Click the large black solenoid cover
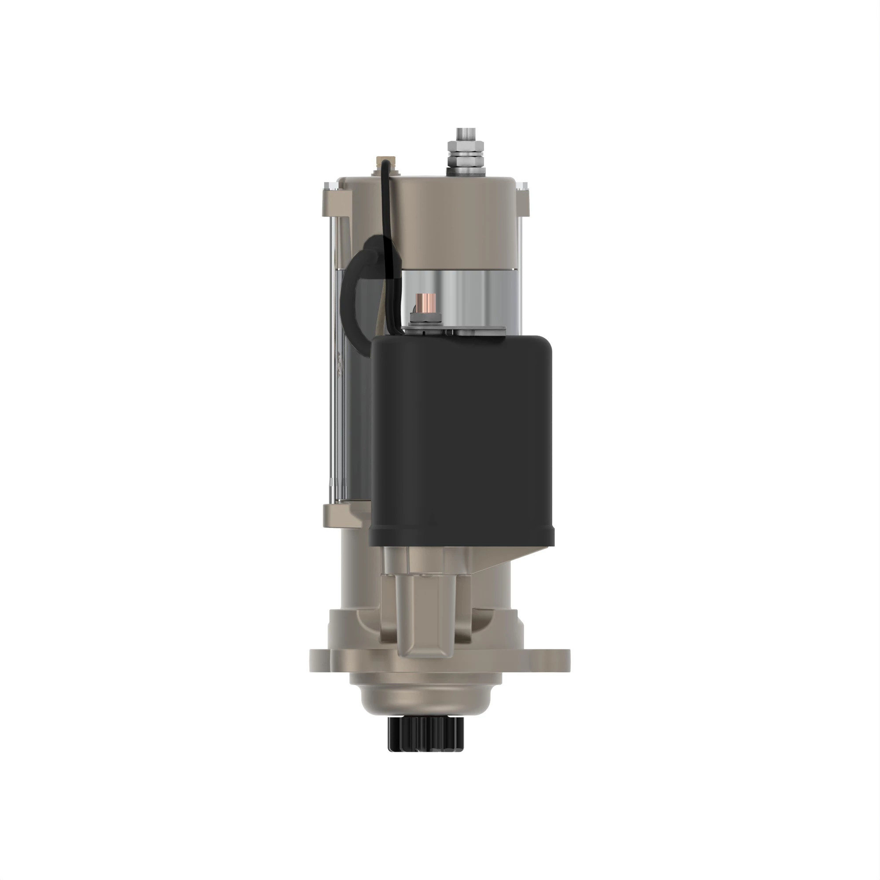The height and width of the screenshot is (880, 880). (x=462, y=437)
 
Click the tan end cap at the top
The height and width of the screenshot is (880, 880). (x=455, y=219)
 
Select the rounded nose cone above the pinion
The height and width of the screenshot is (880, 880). (x=425, y=699)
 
